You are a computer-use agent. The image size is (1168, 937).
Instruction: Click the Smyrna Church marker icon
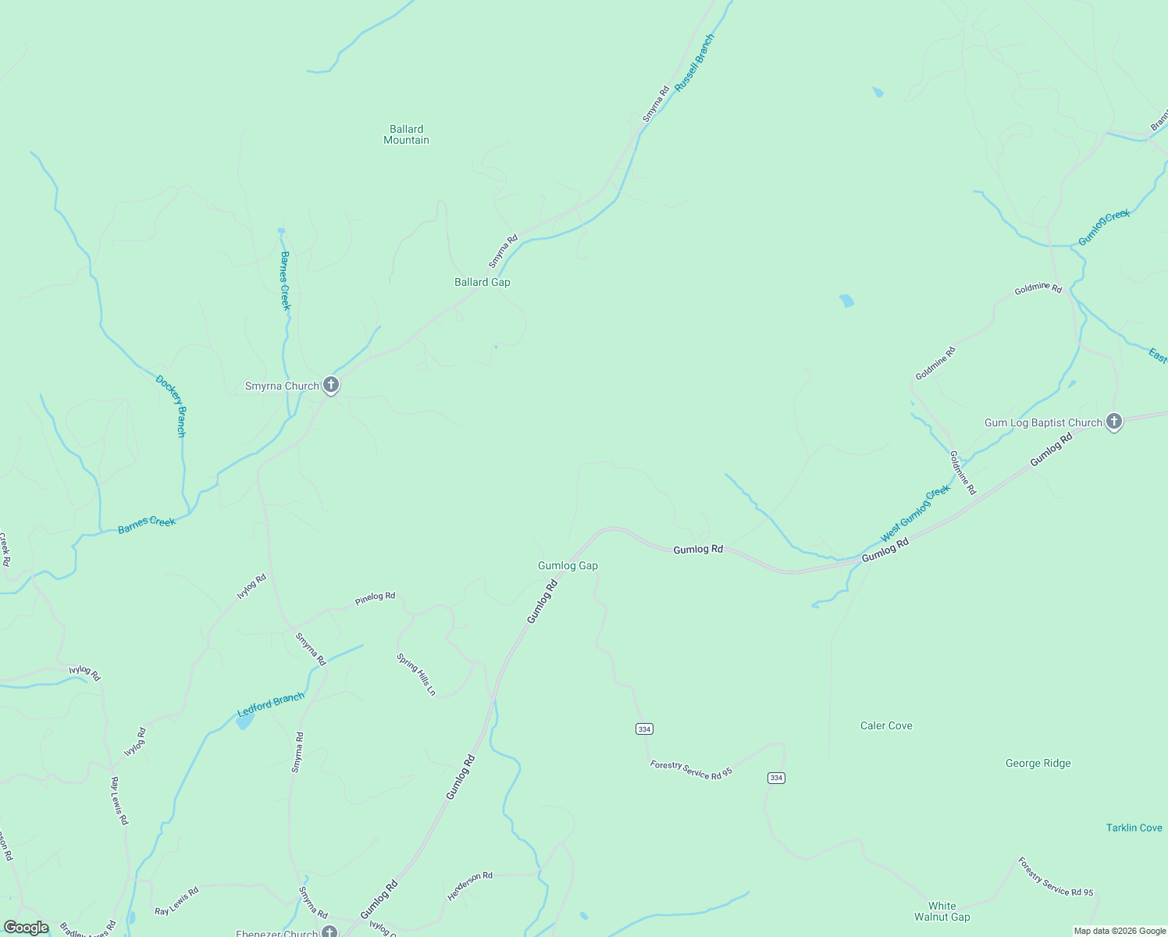331,385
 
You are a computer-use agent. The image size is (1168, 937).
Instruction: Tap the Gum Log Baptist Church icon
1114,422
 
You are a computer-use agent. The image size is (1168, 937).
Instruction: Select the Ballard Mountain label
406,134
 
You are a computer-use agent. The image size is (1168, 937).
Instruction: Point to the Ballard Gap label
483,282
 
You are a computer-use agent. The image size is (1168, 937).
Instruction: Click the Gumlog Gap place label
568,565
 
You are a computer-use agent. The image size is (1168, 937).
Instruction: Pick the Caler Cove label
886,725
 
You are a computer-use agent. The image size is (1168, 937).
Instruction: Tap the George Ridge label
1038,763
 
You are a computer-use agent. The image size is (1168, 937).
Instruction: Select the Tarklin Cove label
1134,828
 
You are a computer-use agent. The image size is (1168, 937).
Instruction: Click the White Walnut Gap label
942,911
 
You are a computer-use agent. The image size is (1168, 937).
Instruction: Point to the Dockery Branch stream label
171,406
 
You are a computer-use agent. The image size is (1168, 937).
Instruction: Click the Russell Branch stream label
694,62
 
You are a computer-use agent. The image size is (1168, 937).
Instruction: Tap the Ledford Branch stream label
270,704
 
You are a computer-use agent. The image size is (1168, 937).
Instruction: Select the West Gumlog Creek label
915,513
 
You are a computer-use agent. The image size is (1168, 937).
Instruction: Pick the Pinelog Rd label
375,598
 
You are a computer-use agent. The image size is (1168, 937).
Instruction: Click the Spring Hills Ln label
416,674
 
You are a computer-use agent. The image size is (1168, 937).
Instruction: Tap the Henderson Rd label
470,886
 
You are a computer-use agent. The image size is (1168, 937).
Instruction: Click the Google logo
27,928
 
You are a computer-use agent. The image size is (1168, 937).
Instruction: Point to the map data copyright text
1119,931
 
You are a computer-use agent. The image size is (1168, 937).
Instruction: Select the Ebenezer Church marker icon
329,932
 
